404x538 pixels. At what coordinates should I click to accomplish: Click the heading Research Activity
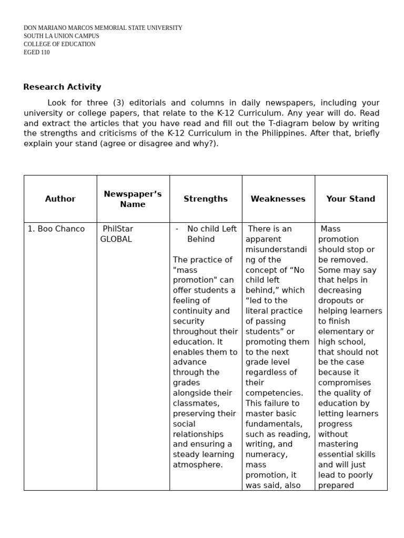[62, 87]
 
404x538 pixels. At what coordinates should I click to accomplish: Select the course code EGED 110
[37, 53]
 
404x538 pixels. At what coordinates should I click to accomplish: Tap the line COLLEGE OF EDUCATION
[59, 44]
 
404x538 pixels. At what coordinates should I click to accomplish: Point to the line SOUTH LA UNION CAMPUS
[61, 36]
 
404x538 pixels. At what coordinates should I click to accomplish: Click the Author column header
[60, 199]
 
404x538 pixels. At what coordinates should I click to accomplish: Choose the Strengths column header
[205, 199]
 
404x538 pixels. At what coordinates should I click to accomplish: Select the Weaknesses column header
[278, 199]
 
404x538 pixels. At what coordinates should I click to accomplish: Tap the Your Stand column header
[350, 199]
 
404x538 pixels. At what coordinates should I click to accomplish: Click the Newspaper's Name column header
[133, 199]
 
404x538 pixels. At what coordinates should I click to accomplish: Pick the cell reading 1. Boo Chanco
[56, 229]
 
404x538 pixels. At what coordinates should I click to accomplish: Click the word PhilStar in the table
[118, 229]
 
